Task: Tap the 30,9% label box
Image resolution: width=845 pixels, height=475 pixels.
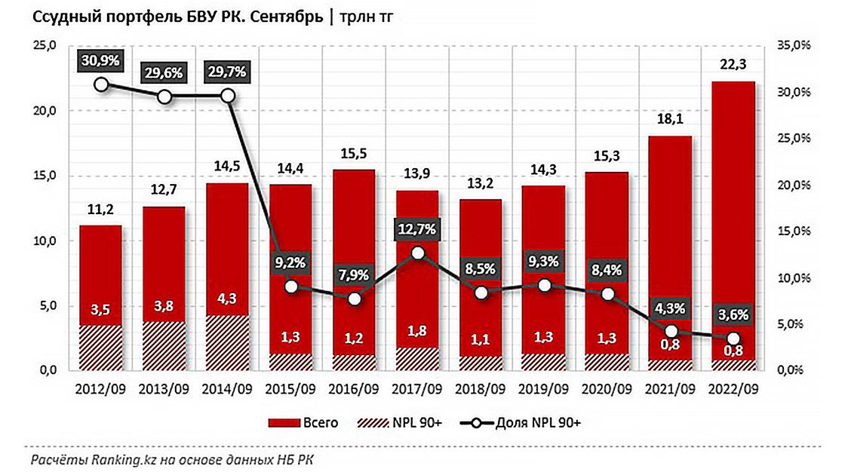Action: point(101,60)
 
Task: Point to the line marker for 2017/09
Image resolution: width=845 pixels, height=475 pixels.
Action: point(418,253)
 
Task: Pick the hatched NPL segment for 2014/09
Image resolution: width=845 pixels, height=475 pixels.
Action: point(228,343)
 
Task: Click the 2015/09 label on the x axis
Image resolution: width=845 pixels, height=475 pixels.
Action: point(290,391)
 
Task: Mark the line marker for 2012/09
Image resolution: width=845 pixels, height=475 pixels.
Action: point(101,84)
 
